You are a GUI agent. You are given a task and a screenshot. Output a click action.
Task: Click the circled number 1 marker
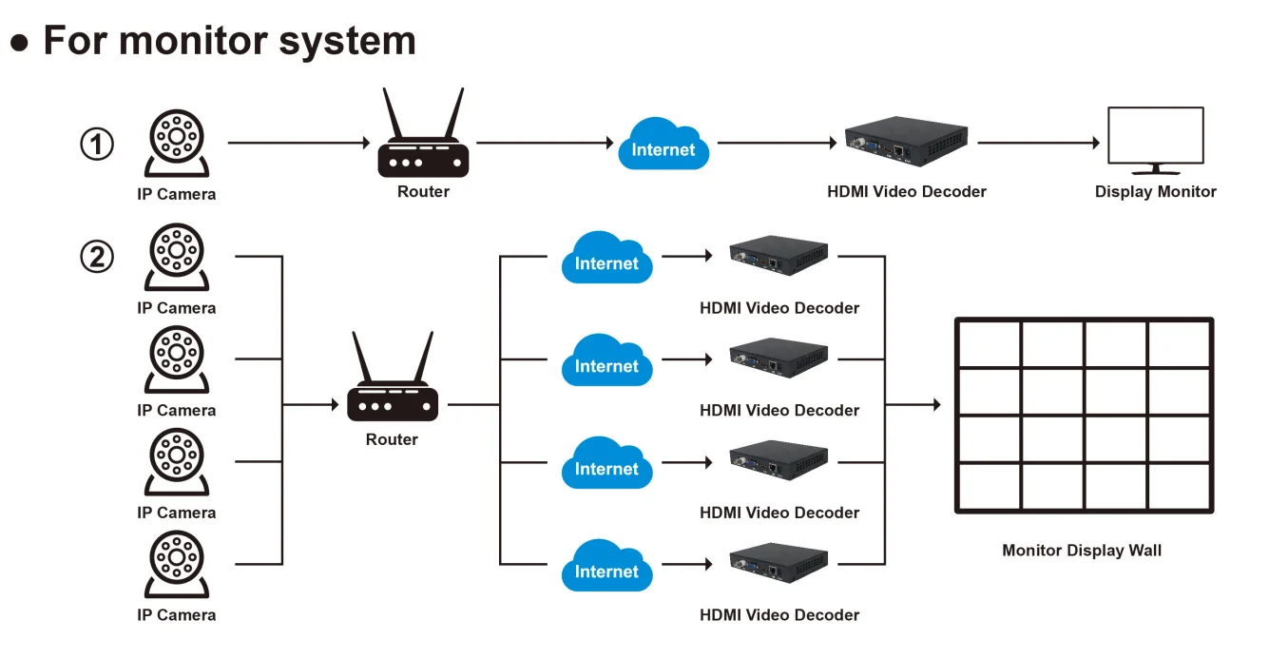(96, 145)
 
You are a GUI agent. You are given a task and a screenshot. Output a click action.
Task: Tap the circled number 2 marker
(96, 257)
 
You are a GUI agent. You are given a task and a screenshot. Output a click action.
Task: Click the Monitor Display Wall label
(1082, 551)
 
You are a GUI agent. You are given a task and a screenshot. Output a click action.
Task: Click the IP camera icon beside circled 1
(176, 143)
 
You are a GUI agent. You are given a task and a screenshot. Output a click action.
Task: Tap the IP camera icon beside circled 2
(176, 257)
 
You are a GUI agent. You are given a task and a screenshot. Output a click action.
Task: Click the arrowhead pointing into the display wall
(935, 405)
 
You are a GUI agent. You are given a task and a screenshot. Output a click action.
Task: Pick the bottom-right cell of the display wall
(1179, 486)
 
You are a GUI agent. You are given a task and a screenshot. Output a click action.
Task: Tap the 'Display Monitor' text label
(1155, 192)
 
